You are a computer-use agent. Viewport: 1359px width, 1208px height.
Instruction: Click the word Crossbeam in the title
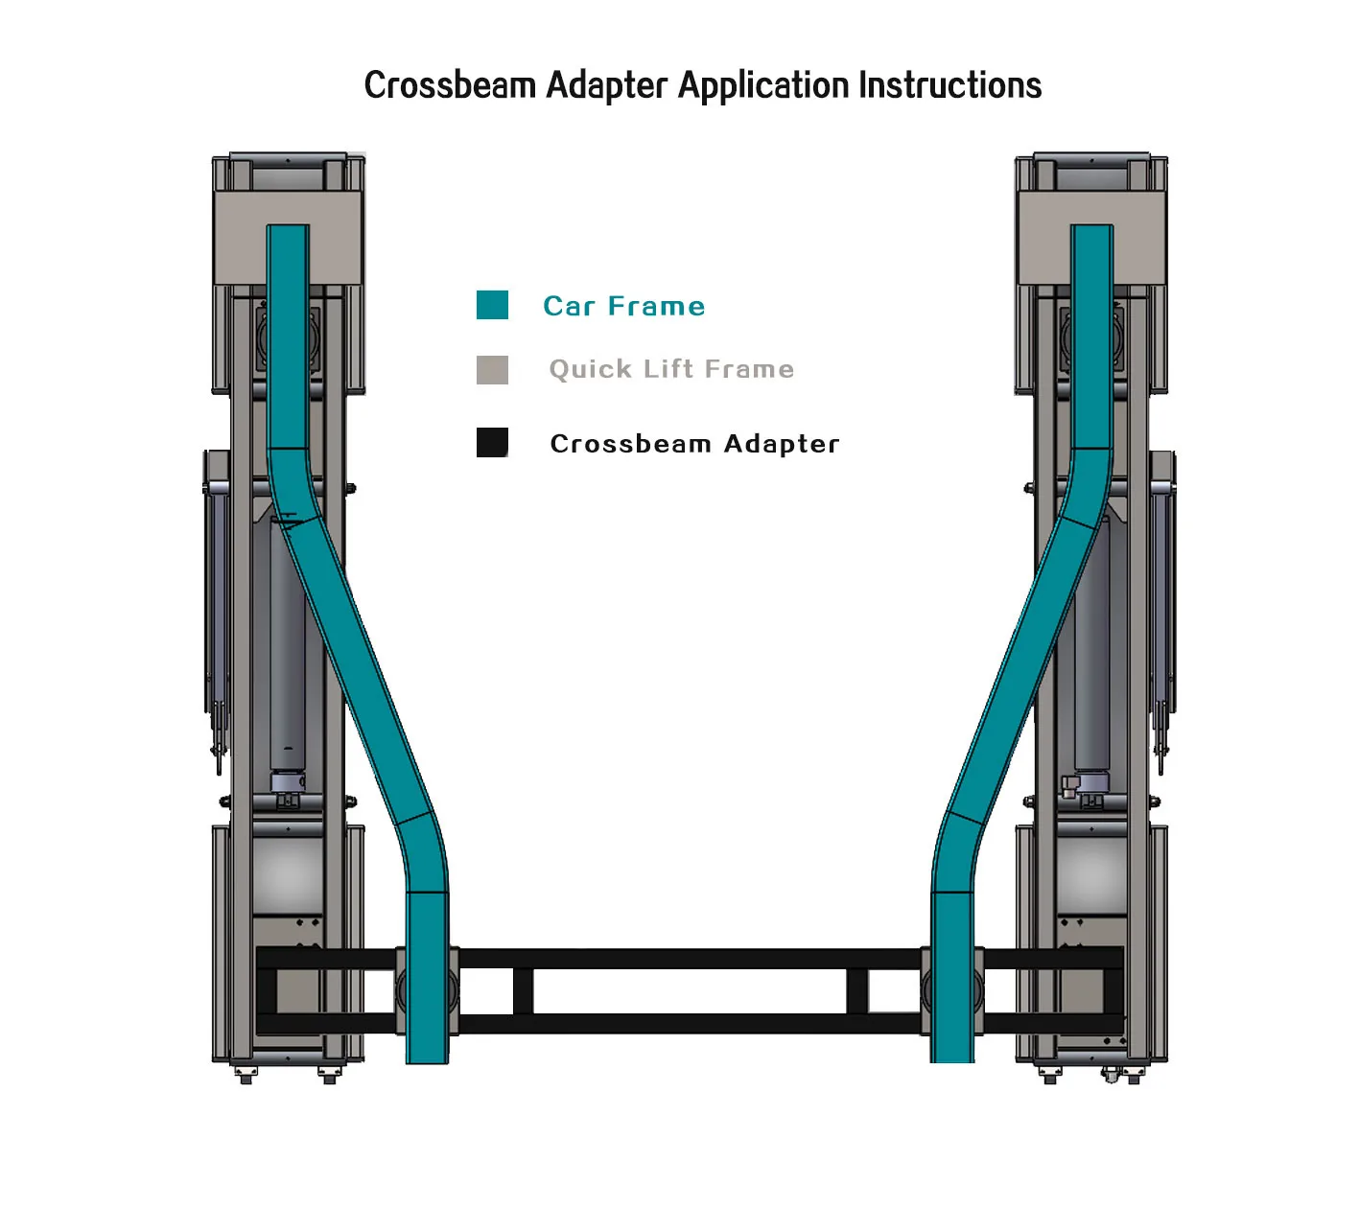[x=450, y=85]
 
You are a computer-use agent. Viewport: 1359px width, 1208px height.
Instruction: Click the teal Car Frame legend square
[x=492, y=305]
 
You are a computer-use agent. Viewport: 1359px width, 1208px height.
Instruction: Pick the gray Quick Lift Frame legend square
[x=492, y=370]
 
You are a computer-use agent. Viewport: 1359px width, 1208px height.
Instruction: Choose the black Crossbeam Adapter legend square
[x=492, y=443]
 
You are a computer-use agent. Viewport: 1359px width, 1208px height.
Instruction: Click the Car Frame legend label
[x=623, y=306]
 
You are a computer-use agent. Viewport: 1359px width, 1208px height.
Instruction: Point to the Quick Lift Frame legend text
[x=671, y=369]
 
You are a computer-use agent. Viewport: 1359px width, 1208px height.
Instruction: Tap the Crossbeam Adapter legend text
[x=694, y=444]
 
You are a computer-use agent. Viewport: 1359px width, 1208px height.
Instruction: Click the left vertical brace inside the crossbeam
[x=523, y=991]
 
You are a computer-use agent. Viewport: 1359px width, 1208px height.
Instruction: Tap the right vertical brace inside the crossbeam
[x=856, y=991]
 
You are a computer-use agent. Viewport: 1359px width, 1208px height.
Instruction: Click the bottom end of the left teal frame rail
[x=427, y=1050]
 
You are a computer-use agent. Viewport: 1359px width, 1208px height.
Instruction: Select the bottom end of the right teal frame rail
[x=952, y=1050]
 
